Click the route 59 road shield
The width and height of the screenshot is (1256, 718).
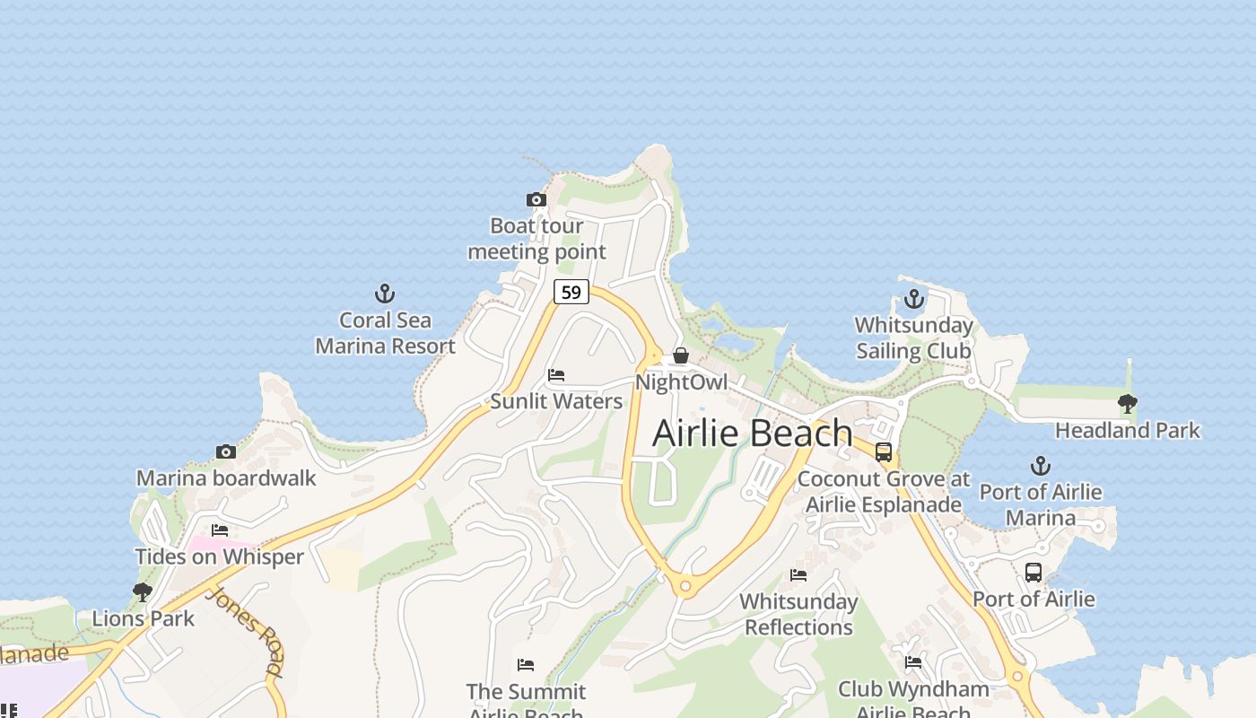[x=571, y=292]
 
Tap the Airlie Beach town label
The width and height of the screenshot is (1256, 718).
[x=752, y=433]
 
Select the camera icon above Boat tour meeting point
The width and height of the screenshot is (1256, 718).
[x=536, y=199]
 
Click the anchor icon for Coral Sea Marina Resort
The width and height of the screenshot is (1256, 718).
[x=384, y=293]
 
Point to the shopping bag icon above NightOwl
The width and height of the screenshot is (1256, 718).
[x=681, y=355]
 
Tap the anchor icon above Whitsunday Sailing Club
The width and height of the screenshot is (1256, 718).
[x=913, y=298]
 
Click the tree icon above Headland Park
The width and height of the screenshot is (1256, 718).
[x=1127, y=404]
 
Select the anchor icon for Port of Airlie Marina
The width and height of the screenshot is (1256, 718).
[x=1040, y=466]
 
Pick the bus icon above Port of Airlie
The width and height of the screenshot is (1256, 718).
[x=1034, y=572]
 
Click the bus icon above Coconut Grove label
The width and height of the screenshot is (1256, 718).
[x=884, y=452]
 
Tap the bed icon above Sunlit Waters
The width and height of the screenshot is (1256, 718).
[x=556, y=375]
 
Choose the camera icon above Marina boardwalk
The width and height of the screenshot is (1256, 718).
[x=225, y=451]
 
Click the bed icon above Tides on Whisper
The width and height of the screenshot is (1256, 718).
[x=220, y=530]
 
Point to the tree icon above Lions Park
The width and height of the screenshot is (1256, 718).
[x=142, y=591]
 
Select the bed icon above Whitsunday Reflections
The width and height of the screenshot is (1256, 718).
[x=798, y=575]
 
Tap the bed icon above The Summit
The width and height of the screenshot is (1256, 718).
[x=526, y=665]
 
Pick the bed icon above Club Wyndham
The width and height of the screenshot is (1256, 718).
[x=913, y=662]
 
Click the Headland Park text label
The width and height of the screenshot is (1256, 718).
[x=1127, y=431]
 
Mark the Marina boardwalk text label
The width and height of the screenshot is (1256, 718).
[x=226, y=477]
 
